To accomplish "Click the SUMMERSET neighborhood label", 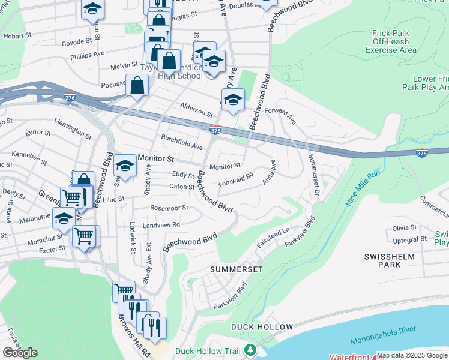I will pyautogui.click(x=237, y=269).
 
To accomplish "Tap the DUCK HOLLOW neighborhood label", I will pyautogui.click(x=262, y=327).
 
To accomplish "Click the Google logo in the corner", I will pyautogui.click(x=20, y=353).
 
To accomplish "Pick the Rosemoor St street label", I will pyautogui.click(x=169, y=208).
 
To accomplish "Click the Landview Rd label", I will pyautogui.click(x=161, y=225).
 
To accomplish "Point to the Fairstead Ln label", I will pyautogui.click(x=273, y=238).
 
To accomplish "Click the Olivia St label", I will pyautogui.click(x=405, y=227).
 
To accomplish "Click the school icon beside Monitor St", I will pyautogui.click(x=125, y=164).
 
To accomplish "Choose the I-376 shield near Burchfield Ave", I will pyautogui.click(x=215, y=130).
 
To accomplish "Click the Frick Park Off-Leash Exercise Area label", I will pyautogui.click(x=390, y=42).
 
